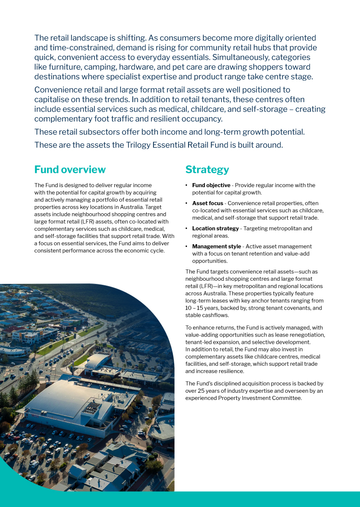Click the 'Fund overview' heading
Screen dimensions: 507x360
[70, 170]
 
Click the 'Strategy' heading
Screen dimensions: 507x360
[207, 170]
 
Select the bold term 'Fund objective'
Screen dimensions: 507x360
[211, 185]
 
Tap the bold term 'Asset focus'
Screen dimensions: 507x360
[207, 203]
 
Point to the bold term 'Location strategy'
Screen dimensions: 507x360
[215, 229]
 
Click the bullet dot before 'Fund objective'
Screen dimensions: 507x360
[187, 185]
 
